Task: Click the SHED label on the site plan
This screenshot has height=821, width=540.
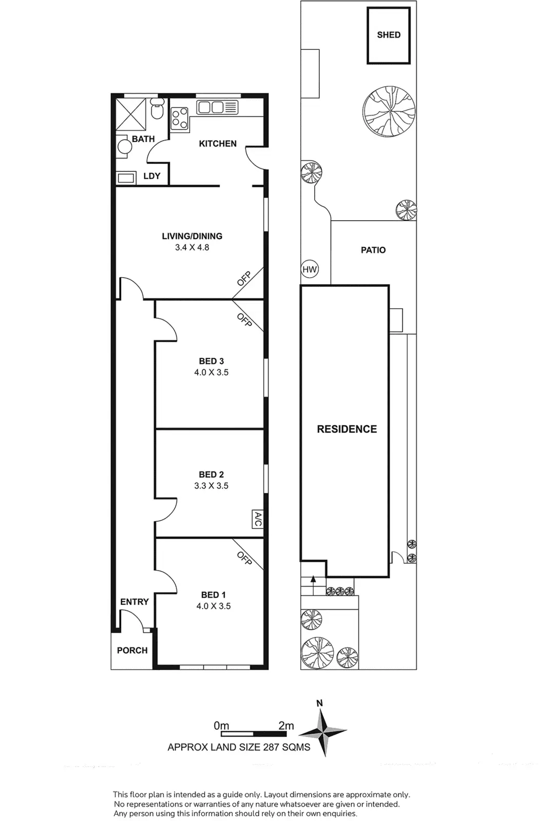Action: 389,35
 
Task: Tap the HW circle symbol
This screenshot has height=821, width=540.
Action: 310,269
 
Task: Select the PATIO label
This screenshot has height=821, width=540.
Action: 373,250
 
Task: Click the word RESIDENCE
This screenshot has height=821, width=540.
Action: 346,429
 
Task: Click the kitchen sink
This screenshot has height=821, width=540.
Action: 211,107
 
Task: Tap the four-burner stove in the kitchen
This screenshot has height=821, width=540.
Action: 179,118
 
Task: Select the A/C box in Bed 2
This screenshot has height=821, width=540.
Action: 258,519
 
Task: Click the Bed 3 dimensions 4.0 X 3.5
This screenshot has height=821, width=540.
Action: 211,373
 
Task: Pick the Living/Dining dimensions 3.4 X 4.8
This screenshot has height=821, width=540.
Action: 192,247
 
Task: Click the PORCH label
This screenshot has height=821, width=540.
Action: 132,650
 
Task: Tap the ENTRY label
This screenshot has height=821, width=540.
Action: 134,601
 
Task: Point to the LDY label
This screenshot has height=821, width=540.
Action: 152,176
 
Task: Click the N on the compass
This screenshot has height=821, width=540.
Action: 320,703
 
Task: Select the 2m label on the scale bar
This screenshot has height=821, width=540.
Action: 286,726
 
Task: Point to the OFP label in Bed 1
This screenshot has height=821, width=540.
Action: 244,558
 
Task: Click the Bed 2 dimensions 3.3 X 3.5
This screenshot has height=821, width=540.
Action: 211,486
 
